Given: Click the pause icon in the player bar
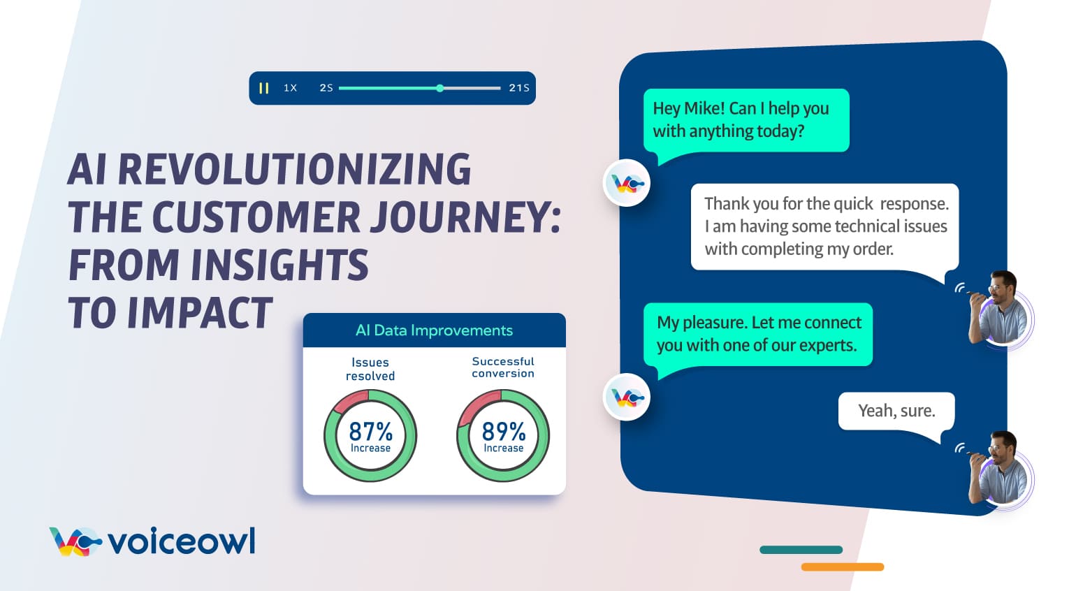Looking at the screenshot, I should (x=263, y=88).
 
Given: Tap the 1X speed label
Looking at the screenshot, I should (x=290, y=88).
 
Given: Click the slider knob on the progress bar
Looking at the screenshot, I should (x=439, y=88).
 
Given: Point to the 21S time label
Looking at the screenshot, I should (x=518, y=88).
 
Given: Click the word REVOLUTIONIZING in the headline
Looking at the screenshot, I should (x=294, y=170).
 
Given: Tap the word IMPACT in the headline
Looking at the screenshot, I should (x=199, y=313).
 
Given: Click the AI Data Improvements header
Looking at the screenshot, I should (x=434, y=330).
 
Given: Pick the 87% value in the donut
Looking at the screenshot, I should (x=370, y=431).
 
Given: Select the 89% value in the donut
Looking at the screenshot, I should (x=503, y=431).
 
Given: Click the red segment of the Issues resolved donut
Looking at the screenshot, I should (x=349, y=401).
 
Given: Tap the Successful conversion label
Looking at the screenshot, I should (x=502, y=367).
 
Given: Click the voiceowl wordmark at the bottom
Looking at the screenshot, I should (x=182, y=541).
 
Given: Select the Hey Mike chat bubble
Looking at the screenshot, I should (x=746, y=119).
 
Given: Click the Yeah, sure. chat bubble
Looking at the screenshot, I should (x=896, y=411).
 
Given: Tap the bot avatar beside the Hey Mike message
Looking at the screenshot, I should (x=627, y=184).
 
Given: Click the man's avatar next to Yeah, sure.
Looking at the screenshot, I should (x=1001, y=469).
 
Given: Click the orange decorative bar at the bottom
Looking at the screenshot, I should (x=842, y=567).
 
